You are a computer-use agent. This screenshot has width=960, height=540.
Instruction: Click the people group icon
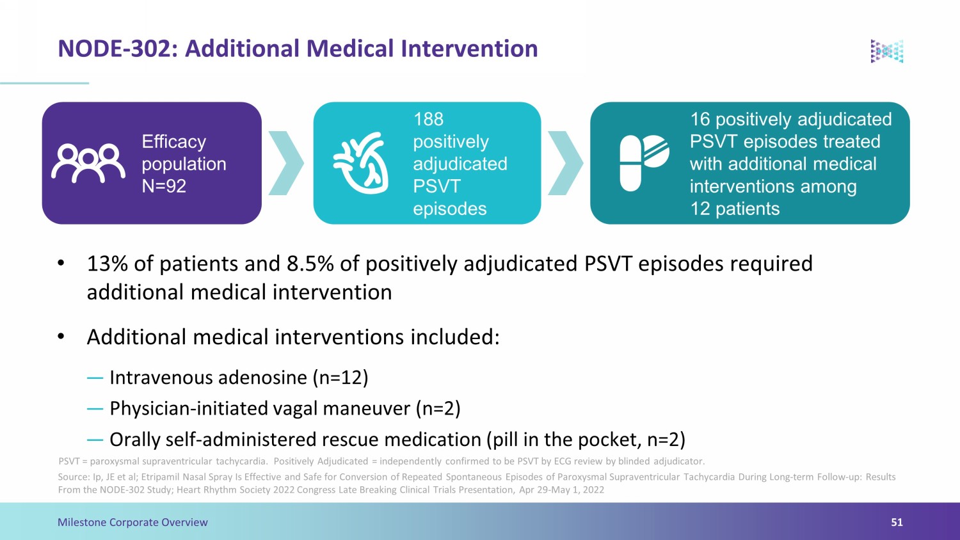[88, 163]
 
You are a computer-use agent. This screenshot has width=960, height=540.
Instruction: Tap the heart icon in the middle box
[361, 163]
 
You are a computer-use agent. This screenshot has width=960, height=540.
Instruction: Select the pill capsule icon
[644, 163]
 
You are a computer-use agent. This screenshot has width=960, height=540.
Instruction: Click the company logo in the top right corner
[886, 51]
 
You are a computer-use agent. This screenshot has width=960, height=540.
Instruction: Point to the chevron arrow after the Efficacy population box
[286, 163]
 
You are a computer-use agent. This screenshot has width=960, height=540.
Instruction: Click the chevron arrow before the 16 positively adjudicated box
[566, 163]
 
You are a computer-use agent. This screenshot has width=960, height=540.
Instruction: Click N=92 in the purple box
[164, 186]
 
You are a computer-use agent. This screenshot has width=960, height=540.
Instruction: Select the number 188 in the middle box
[428, 119]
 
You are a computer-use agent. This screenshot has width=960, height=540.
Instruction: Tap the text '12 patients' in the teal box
[735, 209]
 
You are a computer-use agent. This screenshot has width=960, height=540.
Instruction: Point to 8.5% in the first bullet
[310, 263]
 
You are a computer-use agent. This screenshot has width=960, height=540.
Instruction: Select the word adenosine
[262, 377]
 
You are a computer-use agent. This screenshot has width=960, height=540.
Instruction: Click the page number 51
[897, 522]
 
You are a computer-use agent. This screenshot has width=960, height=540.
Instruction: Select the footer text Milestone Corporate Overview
[132, 522]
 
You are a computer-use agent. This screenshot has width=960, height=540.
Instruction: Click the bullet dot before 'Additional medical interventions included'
[61, 337]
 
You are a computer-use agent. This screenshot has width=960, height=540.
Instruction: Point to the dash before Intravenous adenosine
[95, 378]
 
